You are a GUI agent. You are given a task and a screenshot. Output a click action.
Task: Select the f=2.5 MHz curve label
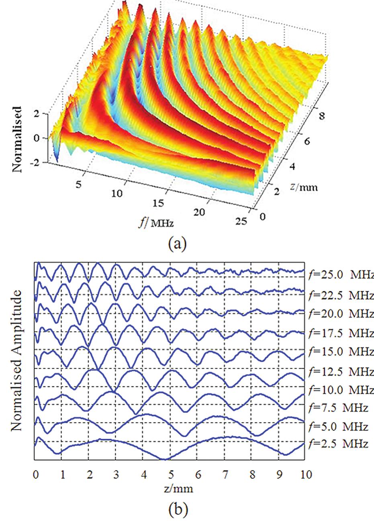coord(338,444)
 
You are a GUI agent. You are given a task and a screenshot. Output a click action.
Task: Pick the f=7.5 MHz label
coord(338,408)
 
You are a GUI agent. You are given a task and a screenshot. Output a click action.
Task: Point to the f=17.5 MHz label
coord(341,334)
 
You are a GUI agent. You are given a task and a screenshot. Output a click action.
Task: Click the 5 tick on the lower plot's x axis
coord(171,475)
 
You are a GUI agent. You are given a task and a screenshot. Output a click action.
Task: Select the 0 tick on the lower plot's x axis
coord(35,475)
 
